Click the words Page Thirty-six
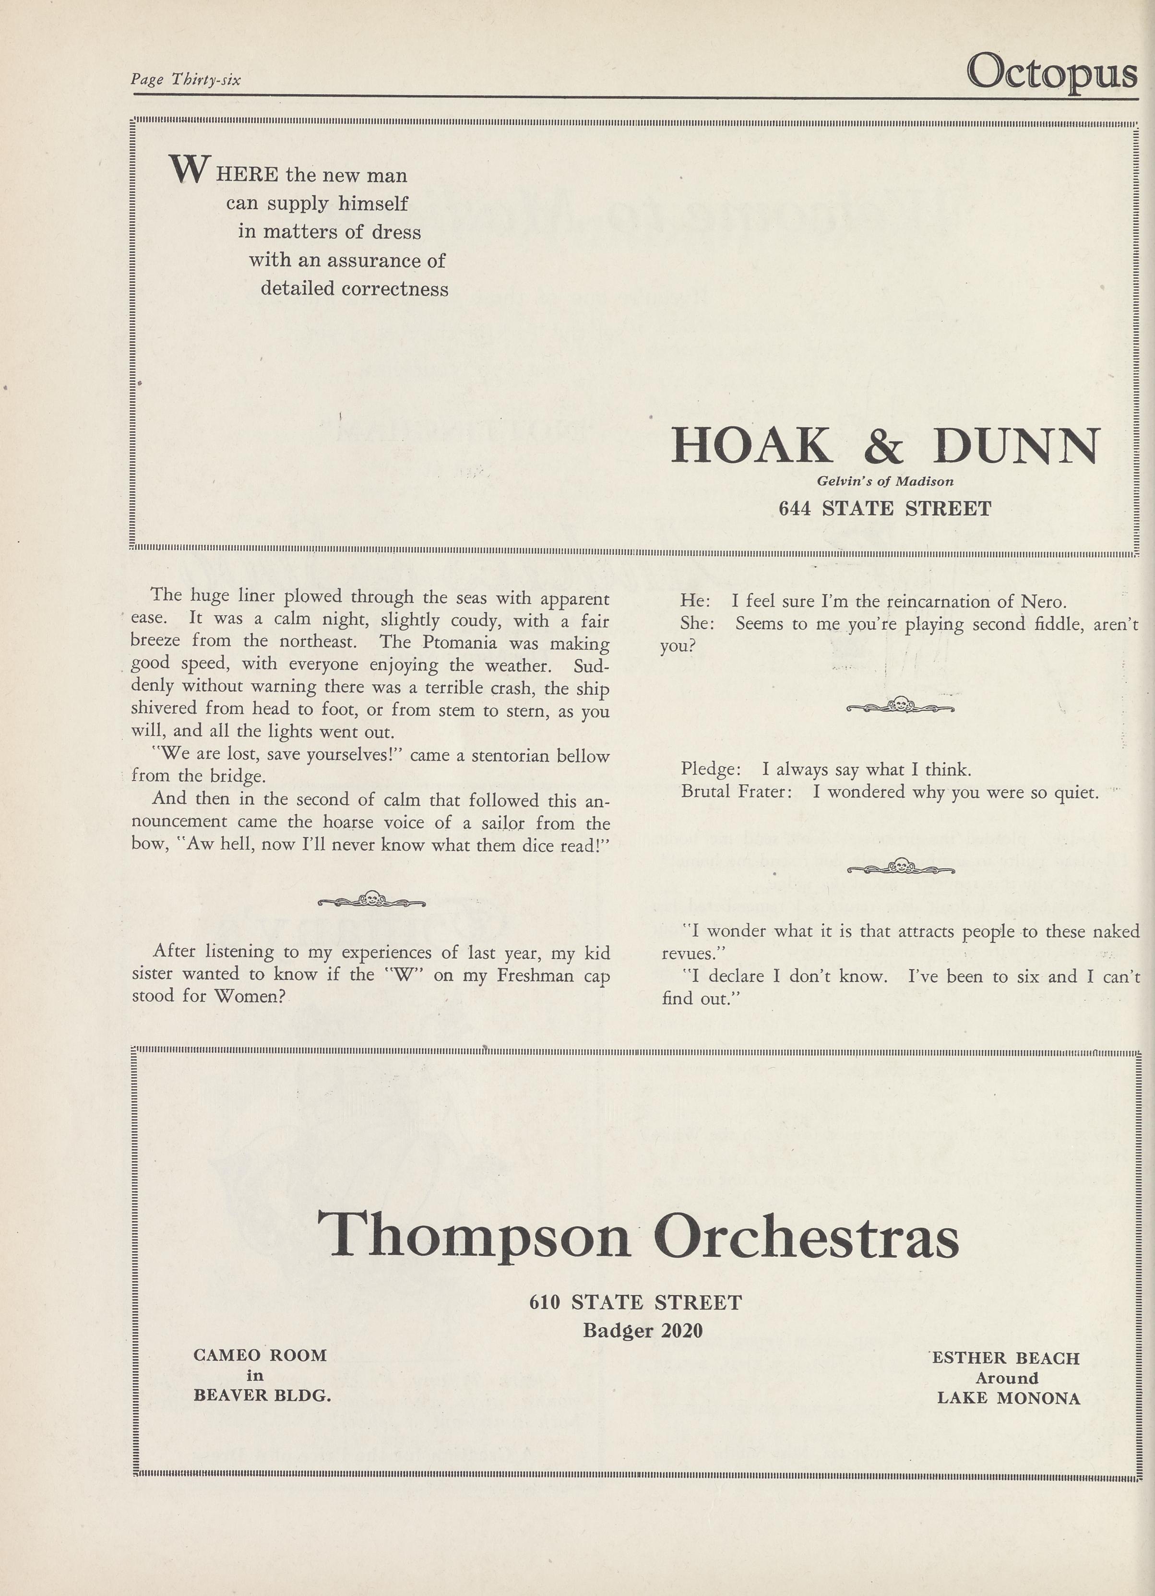(x=185, y=80)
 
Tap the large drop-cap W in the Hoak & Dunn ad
(x=189, y=169)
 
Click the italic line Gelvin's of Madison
(x=885, y=481)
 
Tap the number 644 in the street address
(x=794, y=508)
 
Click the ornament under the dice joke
(x=371, y=899)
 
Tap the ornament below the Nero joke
(x=900, y=704)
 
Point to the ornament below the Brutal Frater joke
(x=900, y=867)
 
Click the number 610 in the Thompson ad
(x=544, y=1302)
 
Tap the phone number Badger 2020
(x=643, y=1330)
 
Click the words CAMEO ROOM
(x=260, y=1355)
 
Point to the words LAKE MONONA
(x=1008, y=1398)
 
